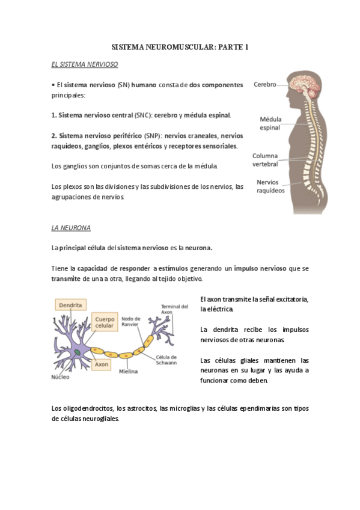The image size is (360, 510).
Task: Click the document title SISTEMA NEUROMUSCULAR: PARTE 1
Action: coord(180,46)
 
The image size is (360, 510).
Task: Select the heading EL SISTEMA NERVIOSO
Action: coord(85,63)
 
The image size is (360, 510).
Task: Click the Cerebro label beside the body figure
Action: coord(264,85)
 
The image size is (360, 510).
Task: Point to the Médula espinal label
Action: coord(270,123)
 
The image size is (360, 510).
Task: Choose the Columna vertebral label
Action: coord(265,159)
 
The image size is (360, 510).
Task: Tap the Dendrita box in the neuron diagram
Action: coord(70,305)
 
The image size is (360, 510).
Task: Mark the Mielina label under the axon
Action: coord(127,371)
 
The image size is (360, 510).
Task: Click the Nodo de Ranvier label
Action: coord(132,322)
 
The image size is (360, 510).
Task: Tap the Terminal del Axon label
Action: coord(174,310)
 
